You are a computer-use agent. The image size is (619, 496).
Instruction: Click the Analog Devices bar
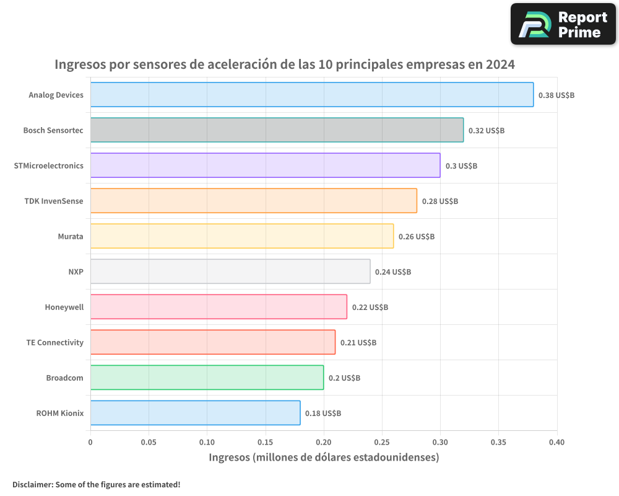point(311,95)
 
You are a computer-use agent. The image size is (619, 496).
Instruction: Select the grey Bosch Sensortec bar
point(277,130)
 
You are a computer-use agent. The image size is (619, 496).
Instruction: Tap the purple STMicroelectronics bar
point(265,166)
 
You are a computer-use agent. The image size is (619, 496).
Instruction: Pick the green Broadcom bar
point(207,378)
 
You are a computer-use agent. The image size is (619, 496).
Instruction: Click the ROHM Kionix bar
point(195,413)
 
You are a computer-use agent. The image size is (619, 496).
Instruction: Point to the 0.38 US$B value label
point(556,95)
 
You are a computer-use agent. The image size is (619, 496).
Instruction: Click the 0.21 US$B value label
point(358,343)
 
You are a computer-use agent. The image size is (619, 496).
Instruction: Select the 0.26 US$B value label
point(416,237)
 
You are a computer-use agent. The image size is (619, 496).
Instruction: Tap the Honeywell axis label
point(64,307)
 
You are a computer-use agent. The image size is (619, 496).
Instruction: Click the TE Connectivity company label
point(54,342)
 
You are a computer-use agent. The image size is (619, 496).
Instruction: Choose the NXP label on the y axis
point(76,272)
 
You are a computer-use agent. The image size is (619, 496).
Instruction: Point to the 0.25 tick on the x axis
point(382,443)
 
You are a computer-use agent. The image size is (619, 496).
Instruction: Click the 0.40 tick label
point(556,443)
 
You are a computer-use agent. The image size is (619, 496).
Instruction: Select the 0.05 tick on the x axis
point(149,443)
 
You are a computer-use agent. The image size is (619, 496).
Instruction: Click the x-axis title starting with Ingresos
point(324,458)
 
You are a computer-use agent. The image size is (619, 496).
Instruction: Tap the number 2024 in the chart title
point(500,64)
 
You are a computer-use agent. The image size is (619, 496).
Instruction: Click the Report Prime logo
point(563,24)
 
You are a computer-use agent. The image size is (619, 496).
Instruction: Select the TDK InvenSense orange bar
point(253,201)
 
